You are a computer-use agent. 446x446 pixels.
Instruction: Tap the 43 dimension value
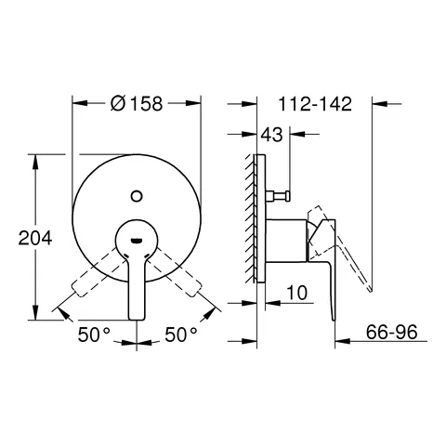pyautogui.click(x=271, y=137)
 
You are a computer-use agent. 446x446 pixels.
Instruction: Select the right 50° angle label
pyautogui.click(x=181, y=332)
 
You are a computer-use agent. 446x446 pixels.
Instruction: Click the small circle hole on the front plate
pyautogui.click(x=137, y=194)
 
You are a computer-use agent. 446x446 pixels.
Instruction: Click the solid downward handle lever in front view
pyautogui.click(x=137, y=283)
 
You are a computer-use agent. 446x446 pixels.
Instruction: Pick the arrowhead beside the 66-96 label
pyautogui.click(x=335, y=341)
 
